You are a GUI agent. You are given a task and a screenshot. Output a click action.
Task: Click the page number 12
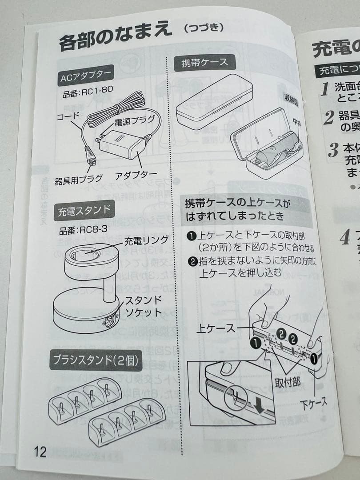pyautogui.click(x=40, y=452)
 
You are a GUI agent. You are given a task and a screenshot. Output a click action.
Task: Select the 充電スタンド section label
pyautogui.click(x=84, y=211)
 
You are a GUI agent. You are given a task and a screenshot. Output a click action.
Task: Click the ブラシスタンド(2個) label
pyautogui.click(x=95, y=360)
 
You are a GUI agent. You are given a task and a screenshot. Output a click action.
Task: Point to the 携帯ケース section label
pyautogui.click(x=204, y=62)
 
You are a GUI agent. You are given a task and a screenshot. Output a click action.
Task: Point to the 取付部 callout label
pyautogui.click(x=288, y=381)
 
